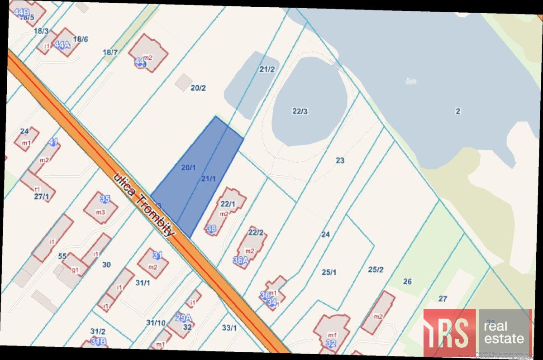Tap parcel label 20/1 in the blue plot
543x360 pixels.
click(188, 168)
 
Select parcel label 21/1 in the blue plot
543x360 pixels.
click(208, 179)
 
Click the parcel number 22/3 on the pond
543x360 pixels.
click(300, 111)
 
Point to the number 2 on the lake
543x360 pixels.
click(458, 111)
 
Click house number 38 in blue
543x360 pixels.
click(211, 229)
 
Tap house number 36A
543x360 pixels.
click(241, 260)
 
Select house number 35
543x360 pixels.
click(105, 199)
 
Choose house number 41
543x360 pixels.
click(53, 142)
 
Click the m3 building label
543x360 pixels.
click(100, 212)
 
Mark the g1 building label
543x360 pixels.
click(75, 270)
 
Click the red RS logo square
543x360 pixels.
click(449, 333)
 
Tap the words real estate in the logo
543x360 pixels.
click(504, 332)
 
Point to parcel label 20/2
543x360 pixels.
click(198, 88)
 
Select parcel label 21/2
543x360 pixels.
click(267, 69)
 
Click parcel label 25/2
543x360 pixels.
click(376, 269)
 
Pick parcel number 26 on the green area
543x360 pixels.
click(407, 282)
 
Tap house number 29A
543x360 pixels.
click(183, 317)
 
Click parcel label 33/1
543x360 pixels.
click(229, 328)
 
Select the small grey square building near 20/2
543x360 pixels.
click(184, 82)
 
